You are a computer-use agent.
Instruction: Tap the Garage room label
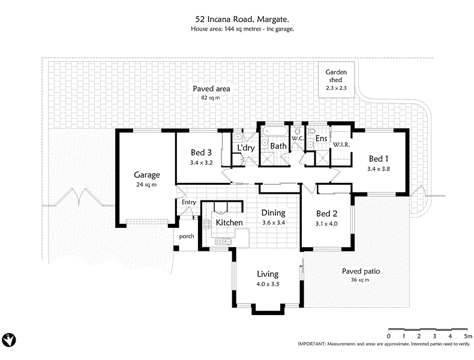[x=146, y=175]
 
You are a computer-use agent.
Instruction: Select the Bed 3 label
[x=202, y=152]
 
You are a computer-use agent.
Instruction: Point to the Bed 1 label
[x=379, y=159]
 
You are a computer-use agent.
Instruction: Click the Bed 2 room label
[x=326, y=214]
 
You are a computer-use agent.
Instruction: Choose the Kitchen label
[x=229, y=223]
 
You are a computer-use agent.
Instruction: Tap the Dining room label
[x=273, y=213]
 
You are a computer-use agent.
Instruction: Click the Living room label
[x=268, y=274]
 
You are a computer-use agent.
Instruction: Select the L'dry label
[x=245, y=148]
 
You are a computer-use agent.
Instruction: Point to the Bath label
[x=278, y=146]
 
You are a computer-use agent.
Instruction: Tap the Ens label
[x=320, y=139]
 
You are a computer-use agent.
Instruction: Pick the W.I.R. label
[x=341, y=145]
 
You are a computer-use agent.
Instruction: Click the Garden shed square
[x=336, y=80]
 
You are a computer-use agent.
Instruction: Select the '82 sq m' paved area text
[x=211, y=97]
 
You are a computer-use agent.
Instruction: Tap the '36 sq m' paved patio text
[x=361, y=280]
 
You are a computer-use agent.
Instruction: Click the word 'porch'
[x=187, y=236]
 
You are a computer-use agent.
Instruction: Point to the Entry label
[x=189, y=202]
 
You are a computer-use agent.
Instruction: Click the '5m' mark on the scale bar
[x=467, y=336]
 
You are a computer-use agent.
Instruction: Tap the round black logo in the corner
[x=9, y=340]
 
